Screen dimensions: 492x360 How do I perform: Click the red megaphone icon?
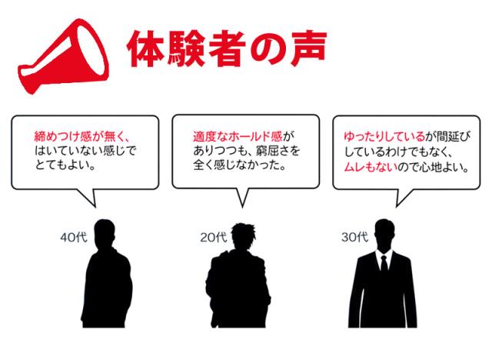(x=63, y=56)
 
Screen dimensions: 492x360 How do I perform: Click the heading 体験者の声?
(x=227, y=48)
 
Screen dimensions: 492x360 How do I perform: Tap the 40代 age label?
(x=74, y=237)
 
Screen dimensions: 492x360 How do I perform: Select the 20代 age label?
(x=214, y=237)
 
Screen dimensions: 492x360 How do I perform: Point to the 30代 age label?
(x=355, y=237)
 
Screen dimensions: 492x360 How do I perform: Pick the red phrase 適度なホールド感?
(x=238, y=136)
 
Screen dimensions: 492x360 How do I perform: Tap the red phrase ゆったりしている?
(x=384, y=136)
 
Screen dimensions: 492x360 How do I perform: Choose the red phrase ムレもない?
(x=371, y=167)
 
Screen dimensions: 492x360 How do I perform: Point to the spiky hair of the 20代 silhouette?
(x=244, y=231)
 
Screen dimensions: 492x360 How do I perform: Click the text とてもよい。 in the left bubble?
(x=65, y=165)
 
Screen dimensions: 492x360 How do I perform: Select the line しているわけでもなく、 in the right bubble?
(x=398, y=152)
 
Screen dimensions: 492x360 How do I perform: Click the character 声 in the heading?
(x=309, y=48)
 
